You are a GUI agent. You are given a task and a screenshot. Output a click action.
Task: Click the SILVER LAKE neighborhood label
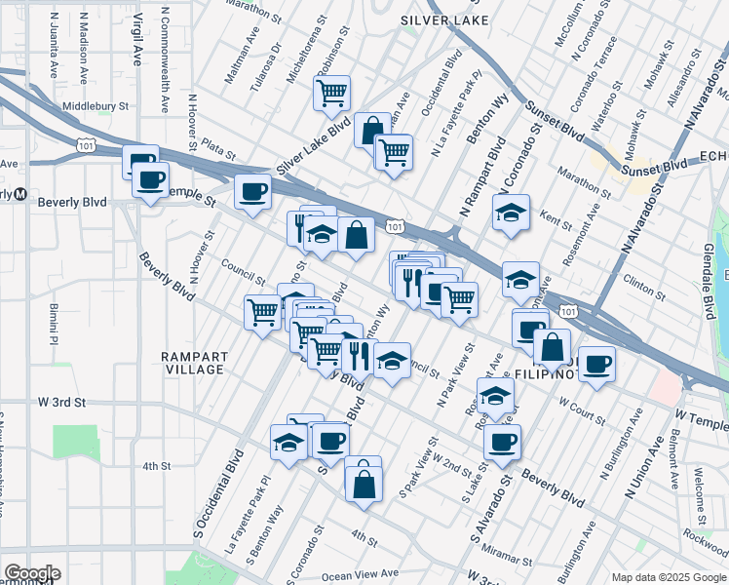coord(437,19)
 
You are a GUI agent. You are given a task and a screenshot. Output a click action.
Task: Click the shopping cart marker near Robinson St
coord(331,95)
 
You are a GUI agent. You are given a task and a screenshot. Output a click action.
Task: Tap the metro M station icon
coord(19,193)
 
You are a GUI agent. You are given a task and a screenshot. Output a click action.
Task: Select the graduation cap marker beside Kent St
coord(510,214)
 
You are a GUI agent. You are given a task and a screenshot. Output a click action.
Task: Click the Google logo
coord(32,574)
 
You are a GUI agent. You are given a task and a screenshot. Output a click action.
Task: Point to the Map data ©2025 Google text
coord(669,577)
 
